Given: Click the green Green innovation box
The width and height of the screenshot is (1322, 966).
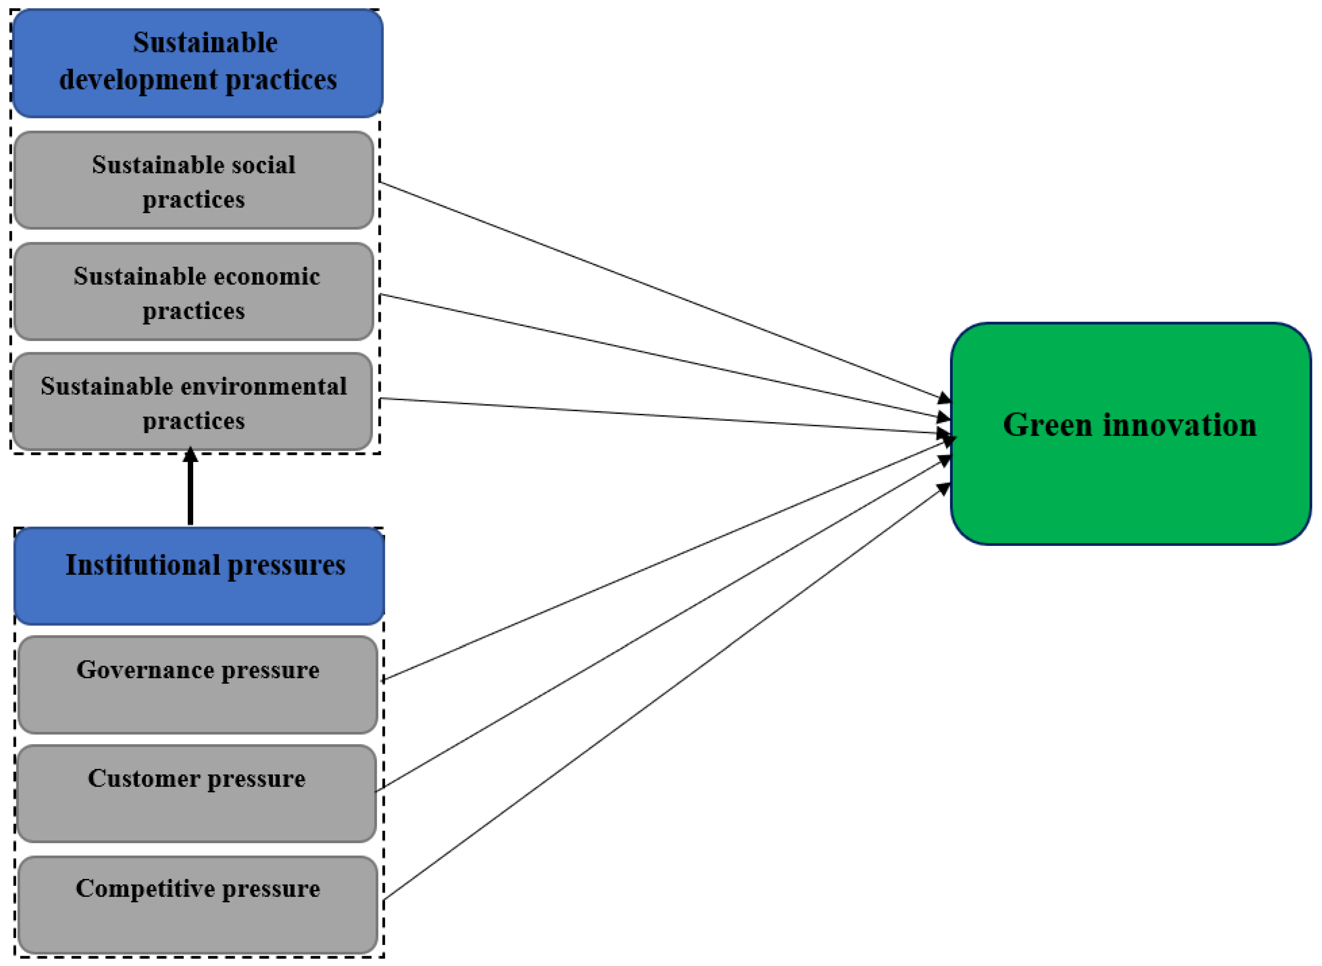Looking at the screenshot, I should pyautogui.click(x=1129, y=479).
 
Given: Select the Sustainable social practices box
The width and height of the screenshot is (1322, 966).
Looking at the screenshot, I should pyautogui.click(x=193, y=180).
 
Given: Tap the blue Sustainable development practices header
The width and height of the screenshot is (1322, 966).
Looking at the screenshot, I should pyautogui.click(x=197, y=63).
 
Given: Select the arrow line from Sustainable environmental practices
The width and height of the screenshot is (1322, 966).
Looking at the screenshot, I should pyautogui.click(x=644, y=415).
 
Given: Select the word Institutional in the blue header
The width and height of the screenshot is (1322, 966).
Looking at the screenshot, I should pyautogui.click(x=142, y=565).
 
